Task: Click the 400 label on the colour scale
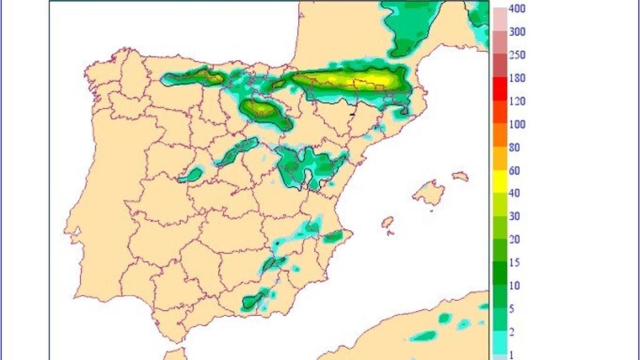click(x=517, y=9)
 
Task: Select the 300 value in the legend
click(x=517, y=32)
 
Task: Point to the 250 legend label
click(x=517, y=55)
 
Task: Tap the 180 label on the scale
click(x=517, y=78)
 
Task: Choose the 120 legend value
click(x=517, y=101)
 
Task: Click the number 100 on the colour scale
click(x=517, y=124)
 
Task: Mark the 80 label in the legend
click(x=514, y=147)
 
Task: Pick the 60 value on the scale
click(x=514, y=171)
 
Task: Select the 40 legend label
click(x=514, y=194)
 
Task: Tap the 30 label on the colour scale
click(x=514, y=216)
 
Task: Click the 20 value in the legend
click(x=514, y=239)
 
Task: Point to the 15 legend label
click(x=514, y=262)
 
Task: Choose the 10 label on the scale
click(x=514, y=286)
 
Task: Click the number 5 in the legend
click(x=512, y=309)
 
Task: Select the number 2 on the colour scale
click(x=512, y=332)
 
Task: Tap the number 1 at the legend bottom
click(x=512, y=354)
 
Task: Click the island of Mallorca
click(x=430, y=192)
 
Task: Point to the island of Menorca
click(x=461, y=176)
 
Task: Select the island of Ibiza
click(x=387, y=222)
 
